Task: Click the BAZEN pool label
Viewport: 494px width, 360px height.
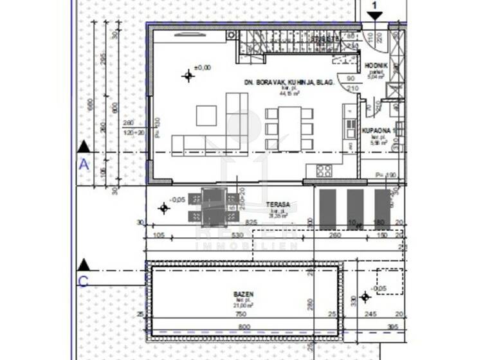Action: (243, 294)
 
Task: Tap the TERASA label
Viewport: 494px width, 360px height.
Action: (279, 205)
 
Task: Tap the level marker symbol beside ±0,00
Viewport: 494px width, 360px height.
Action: (188, 76)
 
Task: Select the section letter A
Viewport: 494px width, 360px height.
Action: (83, 165)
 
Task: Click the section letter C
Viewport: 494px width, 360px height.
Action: (83, 280)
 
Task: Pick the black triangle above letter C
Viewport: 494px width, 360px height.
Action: (83, 265)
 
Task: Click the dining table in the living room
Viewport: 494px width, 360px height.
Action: (289, 128)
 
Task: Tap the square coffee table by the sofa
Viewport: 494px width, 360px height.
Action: (207, 115)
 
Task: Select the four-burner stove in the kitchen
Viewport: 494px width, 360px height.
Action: (324, 170)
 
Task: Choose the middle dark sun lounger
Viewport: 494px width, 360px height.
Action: (354, 208)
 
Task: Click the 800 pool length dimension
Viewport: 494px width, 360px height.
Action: (244, 327)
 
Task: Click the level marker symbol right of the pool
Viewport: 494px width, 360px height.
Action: (365, 296)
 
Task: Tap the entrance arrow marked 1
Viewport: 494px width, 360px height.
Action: (375, 15)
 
